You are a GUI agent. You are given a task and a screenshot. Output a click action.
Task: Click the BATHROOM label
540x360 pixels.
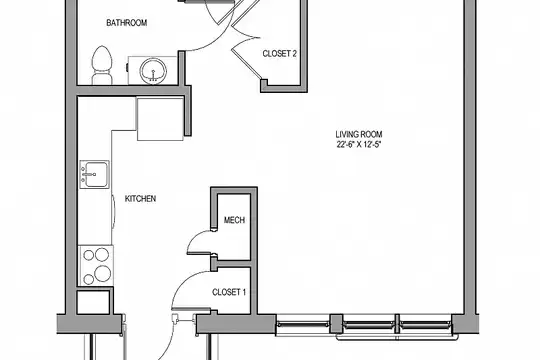click(x=127, y=23)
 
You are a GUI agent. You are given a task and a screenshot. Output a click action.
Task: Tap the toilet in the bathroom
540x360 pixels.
click(x=102, y=65)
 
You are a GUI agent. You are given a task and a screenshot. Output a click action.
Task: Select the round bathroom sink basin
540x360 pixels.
click(x=153, y=71)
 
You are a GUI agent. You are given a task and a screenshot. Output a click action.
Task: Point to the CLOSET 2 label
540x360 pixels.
click(x=280, y=54)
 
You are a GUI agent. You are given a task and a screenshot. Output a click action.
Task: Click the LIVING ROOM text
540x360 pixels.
click(x=359, y=134)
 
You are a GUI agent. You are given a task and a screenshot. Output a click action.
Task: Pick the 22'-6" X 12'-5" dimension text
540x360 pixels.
click(x=359, y=144)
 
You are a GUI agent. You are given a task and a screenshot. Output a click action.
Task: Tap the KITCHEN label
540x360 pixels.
click(x=140, y=199)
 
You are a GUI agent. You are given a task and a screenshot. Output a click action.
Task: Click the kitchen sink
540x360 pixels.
click(x=94, y=174)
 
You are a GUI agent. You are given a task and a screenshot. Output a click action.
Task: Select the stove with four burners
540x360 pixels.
click(x=96, y=265)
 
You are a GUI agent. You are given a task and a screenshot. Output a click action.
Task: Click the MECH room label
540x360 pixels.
click(x=234, y=220)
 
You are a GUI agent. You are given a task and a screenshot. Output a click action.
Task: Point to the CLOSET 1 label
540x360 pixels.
click(x=229, y=292)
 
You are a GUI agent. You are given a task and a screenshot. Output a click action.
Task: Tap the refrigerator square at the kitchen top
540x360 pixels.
click(x=160, y=119)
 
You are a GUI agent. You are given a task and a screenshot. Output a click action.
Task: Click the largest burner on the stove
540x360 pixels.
click(x=103, y=274)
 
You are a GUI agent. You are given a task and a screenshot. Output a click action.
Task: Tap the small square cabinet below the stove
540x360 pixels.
click(x=93, y=302)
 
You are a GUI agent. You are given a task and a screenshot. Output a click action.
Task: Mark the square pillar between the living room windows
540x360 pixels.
click(x=336, y=323)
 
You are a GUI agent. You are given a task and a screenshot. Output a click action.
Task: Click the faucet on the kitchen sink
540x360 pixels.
click(x=89, y=175)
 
